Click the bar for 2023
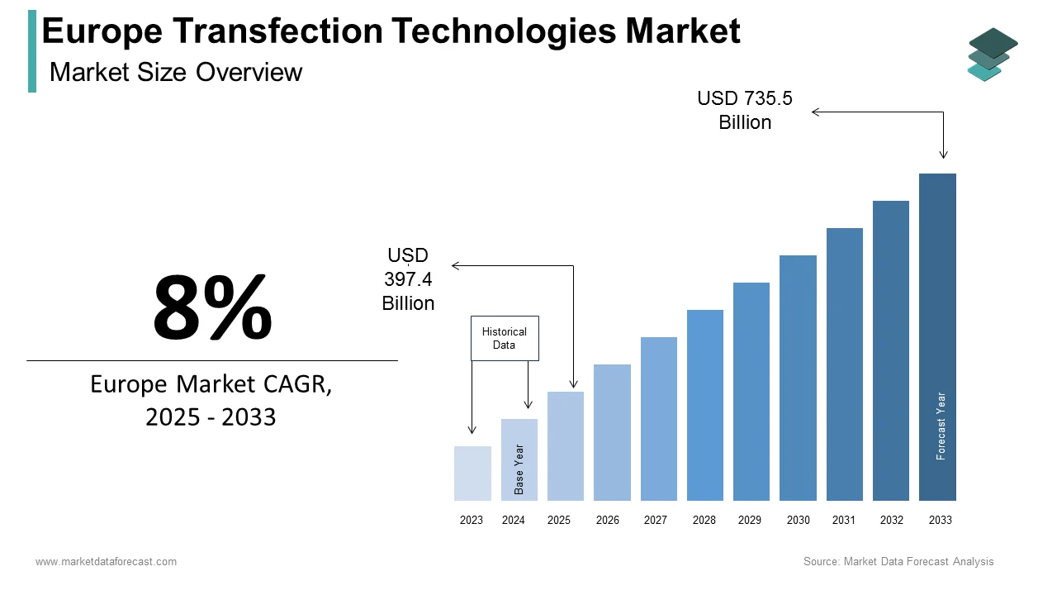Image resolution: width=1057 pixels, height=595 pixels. pyautogui.click(x=472, y=474)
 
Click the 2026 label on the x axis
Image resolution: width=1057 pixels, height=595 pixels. pyautogui.click(x=608, y=521)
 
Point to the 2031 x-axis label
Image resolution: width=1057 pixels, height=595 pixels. pyautogui.click(x=844, y=521)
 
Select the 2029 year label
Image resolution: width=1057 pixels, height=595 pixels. pyautogui.click(x=750, y=521)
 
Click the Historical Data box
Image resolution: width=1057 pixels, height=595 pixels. pyautogui.click(x=505, y=338)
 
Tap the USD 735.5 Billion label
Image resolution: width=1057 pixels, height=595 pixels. pyautogui.click(x=745, y=110)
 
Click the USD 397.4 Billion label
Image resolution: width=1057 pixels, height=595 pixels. pyautogui.click(x=408, y=279)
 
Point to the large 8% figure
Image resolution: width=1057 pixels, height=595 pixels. pyautogui.click(x=212, y=308)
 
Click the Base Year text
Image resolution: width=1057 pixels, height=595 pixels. pyautogui.click(x=519, y=469)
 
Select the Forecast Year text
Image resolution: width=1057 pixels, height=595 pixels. pyautogui.click(x=941, y=426)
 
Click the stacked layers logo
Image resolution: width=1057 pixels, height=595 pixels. pyautogui.click(x=992, y=55)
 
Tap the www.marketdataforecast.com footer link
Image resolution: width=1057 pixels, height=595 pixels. pyautogui.click(x=106, y=562)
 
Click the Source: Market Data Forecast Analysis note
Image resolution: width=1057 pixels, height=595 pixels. pyautogui.click(x=898, y=562)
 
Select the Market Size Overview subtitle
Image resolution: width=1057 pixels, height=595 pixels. pyautogui.click(x=176, y=73)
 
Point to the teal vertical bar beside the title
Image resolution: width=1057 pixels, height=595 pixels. pyautogui.click(x=32, y=51)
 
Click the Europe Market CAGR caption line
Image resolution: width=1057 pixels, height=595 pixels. pyautogui.click(x=211, y=385)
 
